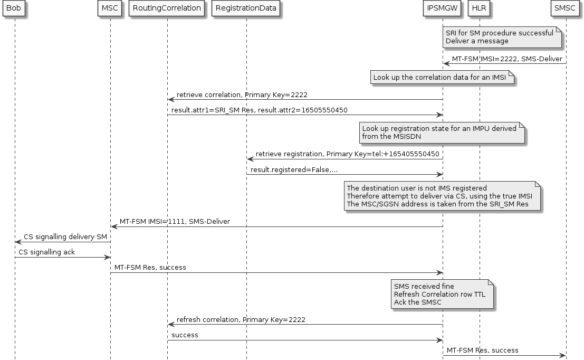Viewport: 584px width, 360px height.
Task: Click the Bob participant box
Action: click(14, 8)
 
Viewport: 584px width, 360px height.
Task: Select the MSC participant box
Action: click(110, 8)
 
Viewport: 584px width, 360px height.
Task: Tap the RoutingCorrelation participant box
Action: click(167, 8)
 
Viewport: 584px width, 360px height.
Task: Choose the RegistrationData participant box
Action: click(246, 8)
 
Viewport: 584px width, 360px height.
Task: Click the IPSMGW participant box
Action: click(442, 8)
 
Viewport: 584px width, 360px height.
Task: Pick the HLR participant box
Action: click(479, 8)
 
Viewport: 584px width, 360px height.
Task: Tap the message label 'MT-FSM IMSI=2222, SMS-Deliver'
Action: click(506, 59)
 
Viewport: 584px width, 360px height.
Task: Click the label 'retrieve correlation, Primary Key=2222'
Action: click(242, 95)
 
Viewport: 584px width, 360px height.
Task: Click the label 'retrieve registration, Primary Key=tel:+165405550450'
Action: click(347, 154)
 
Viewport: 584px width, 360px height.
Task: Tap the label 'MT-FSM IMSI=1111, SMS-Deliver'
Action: click(175, 222)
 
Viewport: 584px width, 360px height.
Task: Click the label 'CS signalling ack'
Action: click(46, 252)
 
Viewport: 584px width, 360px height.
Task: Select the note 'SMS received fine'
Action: click(441, 294)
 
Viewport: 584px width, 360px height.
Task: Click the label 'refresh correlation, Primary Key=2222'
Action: click(241, 320)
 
